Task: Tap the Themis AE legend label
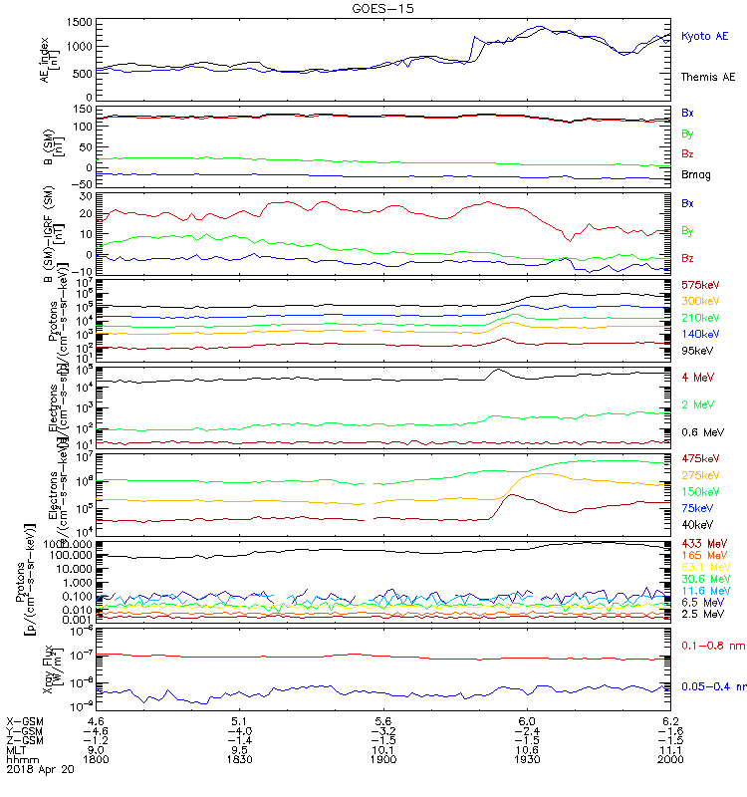[x=708, y=77]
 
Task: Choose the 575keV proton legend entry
[x=699, y=285]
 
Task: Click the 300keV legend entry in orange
[x=699, y=301]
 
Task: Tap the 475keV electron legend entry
[x=699, y=457]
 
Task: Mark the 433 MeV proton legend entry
[x=701, y=543]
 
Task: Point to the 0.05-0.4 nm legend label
[x=711, y=686]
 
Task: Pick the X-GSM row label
[x=25, y=719]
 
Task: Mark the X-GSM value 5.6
[x=383, y=719]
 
